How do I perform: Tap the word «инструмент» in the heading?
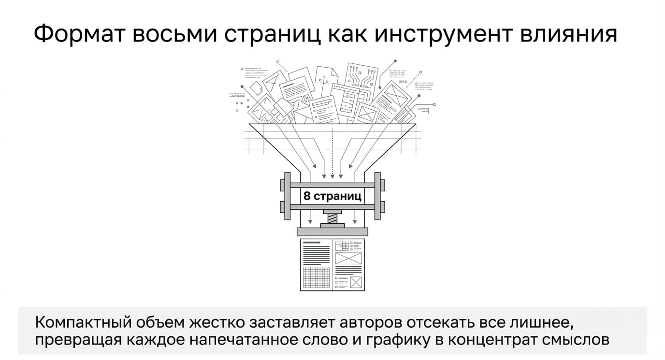[444, 34]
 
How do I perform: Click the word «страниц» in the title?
[272, 35]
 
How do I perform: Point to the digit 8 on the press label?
[307, 196]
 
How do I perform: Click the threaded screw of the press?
[332, 219]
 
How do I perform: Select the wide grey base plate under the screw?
[332, 232]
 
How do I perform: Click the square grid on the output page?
[316, 277]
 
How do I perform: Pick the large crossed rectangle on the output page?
[348, 258]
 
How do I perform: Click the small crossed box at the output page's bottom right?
[356, 282]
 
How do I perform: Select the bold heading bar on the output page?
[312, 243]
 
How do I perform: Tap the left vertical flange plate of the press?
[288, 196]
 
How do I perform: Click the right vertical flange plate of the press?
[377, 196]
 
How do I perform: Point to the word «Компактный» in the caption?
[84, 323]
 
